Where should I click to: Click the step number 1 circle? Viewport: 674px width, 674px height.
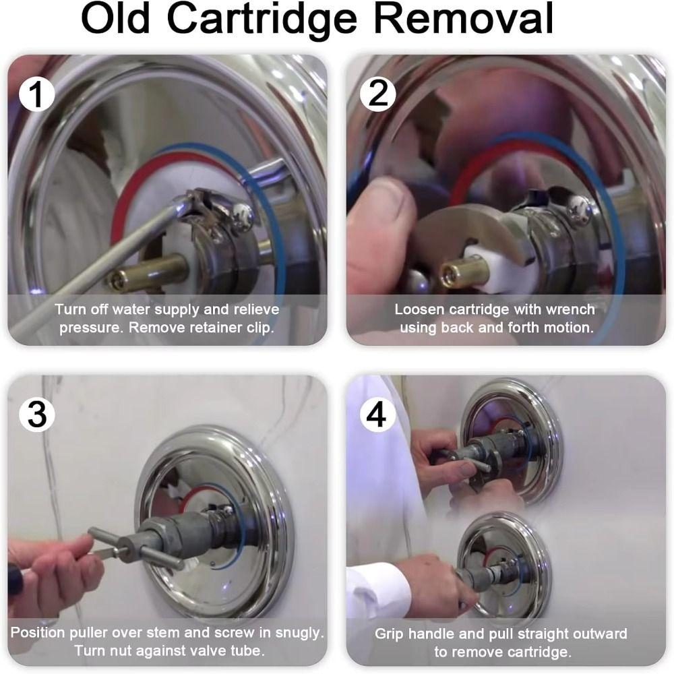(37, 94)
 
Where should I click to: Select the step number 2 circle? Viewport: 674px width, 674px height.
(377, 94)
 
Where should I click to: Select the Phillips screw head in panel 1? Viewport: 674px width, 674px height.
(242, 215)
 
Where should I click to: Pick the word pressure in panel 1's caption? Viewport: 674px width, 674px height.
(90, 329)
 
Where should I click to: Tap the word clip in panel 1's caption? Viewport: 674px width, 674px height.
(260, 328)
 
